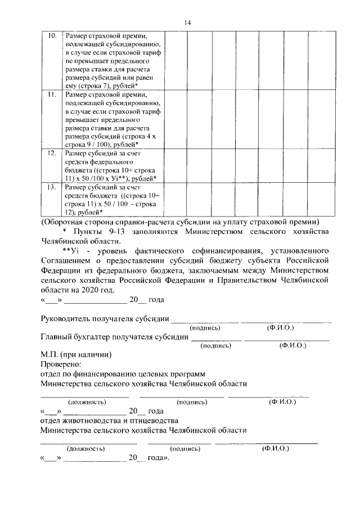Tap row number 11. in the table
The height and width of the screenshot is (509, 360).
point(52,95)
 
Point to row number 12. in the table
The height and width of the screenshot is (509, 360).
point(52,152)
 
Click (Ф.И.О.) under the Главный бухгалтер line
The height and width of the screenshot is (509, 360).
point(292,345)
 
